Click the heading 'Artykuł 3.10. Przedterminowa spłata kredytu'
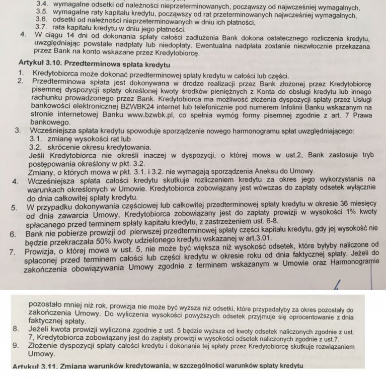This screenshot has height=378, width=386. coord(95,65)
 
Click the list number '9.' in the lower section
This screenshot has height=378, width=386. coord(16,346)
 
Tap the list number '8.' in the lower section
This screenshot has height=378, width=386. coord(15,329)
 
